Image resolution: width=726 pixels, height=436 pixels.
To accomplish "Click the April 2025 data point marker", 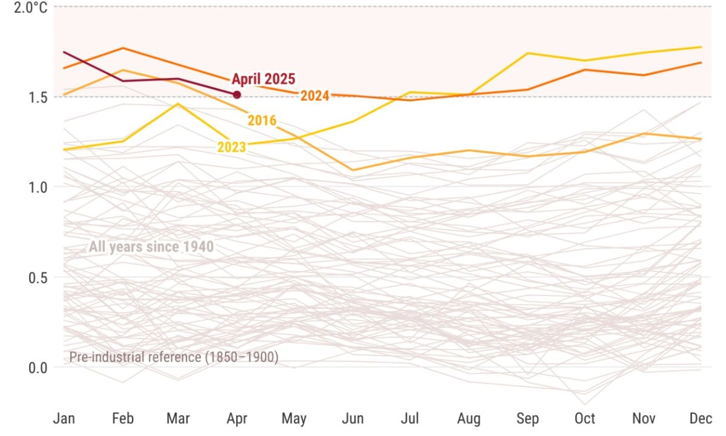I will tap(237, 94).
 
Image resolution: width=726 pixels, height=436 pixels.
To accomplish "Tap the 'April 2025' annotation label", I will tap(263, 79).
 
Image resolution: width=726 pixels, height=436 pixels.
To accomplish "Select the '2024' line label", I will tap(315, 96).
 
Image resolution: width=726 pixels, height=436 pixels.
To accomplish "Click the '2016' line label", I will tap(262, 121).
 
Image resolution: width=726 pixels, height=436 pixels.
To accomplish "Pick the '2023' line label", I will tap(232, 147).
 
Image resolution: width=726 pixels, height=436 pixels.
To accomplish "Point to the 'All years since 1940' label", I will tap(151, 246).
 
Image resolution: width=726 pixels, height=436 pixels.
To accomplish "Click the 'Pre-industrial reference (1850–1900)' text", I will tap(174, 357).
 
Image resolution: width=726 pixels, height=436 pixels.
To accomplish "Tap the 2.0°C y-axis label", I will tap(31, 8).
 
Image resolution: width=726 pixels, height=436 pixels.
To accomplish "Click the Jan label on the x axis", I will tap(64, 418).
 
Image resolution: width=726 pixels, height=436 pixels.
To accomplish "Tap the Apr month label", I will tap(237, 418).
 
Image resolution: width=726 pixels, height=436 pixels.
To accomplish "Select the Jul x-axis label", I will tap(411, 418).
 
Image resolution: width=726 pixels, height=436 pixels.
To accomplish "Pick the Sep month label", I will tap(527, 418).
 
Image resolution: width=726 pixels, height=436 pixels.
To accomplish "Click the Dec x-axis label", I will tap(701, 418).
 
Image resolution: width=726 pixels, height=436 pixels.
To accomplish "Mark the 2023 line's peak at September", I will tap(527, 53).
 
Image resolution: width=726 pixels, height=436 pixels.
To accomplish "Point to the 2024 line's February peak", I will tap(123, 48).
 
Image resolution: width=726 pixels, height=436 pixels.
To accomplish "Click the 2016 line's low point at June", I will tap(353, 170).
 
